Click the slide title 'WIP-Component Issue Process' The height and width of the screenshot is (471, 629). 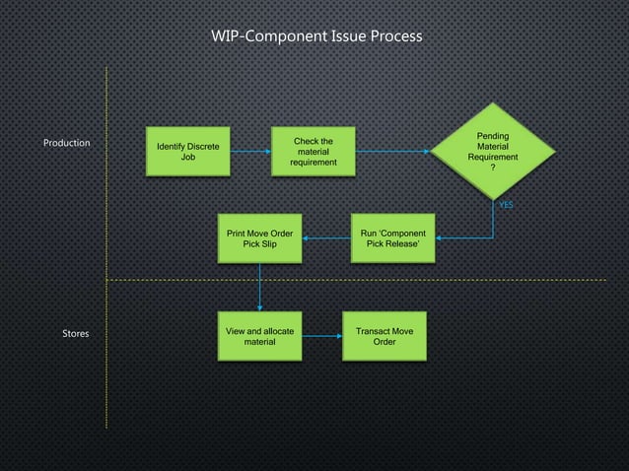316,36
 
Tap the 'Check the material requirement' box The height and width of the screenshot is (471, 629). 314,151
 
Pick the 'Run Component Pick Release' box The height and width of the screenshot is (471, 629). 392,238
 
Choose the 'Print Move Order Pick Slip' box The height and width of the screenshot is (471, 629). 259,238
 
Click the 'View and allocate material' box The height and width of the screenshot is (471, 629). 259,336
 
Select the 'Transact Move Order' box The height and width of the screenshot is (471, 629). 384,336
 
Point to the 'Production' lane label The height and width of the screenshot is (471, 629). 67,143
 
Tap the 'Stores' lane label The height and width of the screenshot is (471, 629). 76,334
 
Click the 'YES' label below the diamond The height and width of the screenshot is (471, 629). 506,205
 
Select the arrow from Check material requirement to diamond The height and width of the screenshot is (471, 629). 394,152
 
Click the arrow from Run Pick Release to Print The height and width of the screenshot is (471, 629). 326,238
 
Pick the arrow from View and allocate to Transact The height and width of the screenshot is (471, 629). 321,337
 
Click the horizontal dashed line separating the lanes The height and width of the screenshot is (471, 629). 394,280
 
